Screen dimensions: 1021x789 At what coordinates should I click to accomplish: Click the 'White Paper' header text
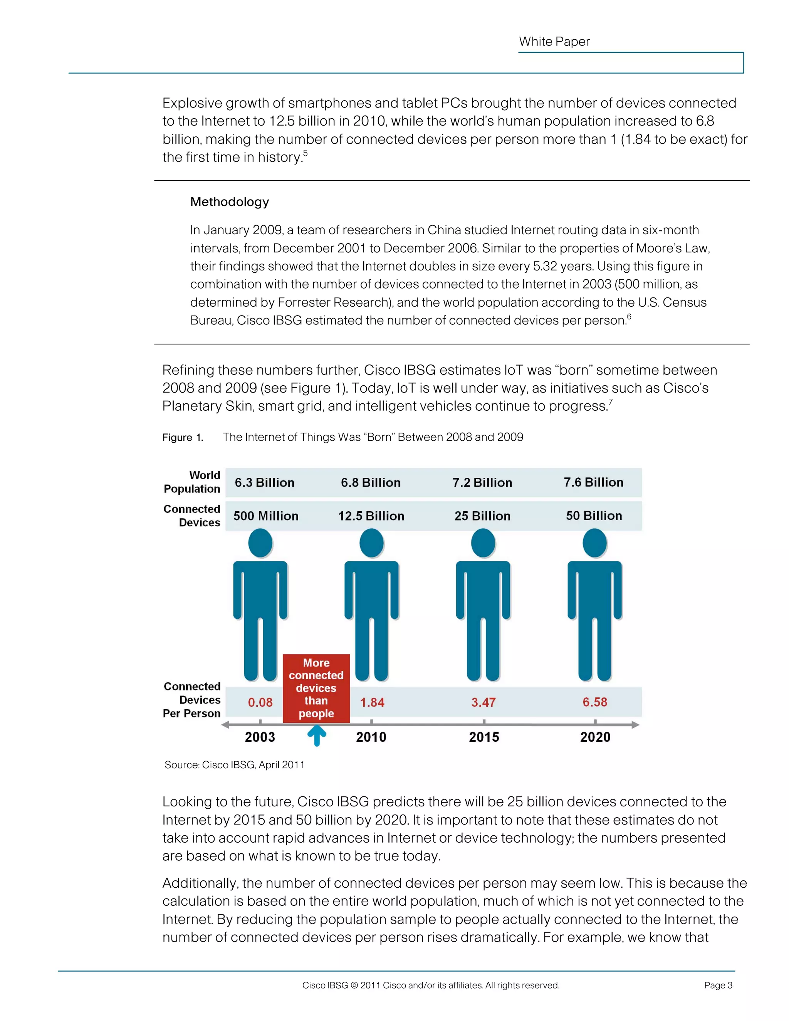tap(554, 42)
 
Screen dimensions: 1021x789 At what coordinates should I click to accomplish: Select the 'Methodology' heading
tap(230, 202)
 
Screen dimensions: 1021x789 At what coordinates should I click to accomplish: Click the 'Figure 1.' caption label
tap(183, 438)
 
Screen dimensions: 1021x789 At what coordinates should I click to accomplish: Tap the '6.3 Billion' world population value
tap(265, 482)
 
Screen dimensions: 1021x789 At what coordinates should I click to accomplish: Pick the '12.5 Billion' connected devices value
tap(371, 516)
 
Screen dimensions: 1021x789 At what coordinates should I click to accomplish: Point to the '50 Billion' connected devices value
tap(594, 516)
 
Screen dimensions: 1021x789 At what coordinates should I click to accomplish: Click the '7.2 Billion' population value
tap(482, 482)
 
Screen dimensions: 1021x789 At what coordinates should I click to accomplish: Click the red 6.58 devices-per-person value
tap(594, 702)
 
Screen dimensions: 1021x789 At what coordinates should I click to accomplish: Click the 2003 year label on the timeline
tap(260, 737)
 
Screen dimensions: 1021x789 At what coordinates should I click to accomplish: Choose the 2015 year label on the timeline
tap(484, 737)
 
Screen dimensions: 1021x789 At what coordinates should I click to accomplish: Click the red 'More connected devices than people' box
tap(316, 688)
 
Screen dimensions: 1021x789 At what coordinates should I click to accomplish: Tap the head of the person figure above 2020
tap(594, 543)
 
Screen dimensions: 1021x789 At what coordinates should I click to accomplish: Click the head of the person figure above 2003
tap(260, 543)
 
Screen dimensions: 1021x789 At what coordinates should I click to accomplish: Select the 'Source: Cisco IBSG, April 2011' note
tap(235, 765)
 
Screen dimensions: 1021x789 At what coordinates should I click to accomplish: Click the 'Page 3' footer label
tap(718, 986)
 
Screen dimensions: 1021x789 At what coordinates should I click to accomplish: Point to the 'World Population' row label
tap(192, 482)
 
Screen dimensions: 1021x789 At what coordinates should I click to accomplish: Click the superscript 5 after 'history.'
tap(305, 153)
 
